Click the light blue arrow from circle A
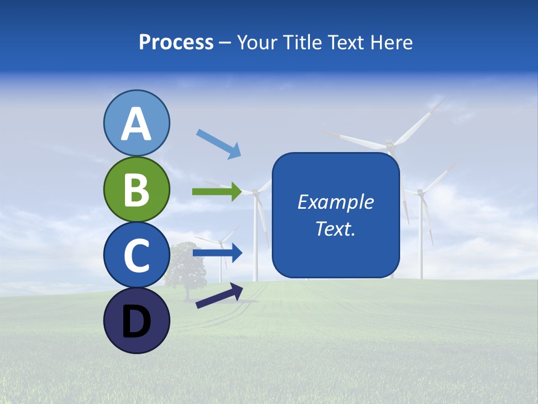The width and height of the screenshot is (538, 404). (219, 144)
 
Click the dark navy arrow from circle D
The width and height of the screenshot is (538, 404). (219, 296)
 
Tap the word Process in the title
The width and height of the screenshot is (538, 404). (176, 43)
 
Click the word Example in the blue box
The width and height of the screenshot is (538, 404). (336, 202)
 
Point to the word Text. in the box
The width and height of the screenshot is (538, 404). (336, 229)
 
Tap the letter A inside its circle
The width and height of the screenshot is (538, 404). (136, 125)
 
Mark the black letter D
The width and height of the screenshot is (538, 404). (136, 322)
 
